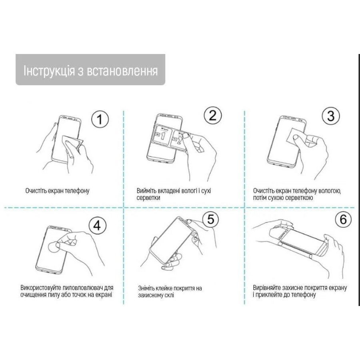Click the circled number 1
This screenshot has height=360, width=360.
100,119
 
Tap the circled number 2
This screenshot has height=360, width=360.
213,116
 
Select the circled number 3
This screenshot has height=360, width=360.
331,116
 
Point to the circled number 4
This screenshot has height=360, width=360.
97,226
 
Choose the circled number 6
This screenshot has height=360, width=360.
343,219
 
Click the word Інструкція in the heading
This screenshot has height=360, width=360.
49,70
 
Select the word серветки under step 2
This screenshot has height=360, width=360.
148,198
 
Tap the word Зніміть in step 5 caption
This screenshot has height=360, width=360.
146,288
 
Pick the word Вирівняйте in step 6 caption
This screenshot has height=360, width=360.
267,288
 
